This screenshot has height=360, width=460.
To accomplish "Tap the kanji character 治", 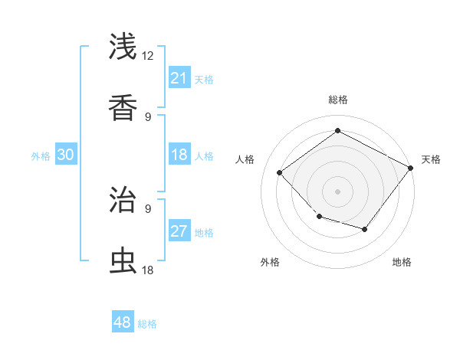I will tap(123, 201).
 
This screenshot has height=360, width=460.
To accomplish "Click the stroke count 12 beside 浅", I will tap(148, 56).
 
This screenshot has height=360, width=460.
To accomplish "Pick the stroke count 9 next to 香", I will tap(148, 117).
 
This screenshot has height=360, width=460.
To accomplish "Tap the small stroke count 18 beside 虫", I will tap(148, 270).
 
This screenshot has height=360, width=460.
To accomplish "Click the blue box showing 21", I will tap(179, 78).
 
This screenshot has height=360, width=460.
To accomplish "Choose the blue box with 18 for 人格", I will tap(179, 155).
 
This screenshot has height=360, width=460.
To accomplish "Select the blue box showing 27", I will tap(179, 231).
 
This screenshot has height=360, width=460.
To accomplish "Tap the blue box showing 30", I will tap(66, 155).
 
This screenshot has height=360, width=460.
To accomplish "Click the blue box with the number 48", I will tap(123, 322).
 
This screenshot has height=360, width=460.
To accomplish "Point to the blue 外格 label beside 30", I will tap(41, 156).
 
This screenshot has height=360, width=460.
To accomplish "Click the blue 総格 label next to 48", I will tap(147, 324).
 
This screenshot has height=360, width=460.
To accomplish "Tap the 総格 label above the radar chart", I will tap(337, 100).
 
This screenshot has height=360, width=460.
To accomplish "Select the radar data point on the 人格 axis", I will tap(280, 172).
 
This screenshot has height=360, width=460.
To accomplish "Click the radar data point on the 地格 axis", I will tap(365, 229).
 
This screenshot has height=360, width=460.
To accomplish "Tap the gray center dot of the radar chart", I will tap(337, 191).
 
